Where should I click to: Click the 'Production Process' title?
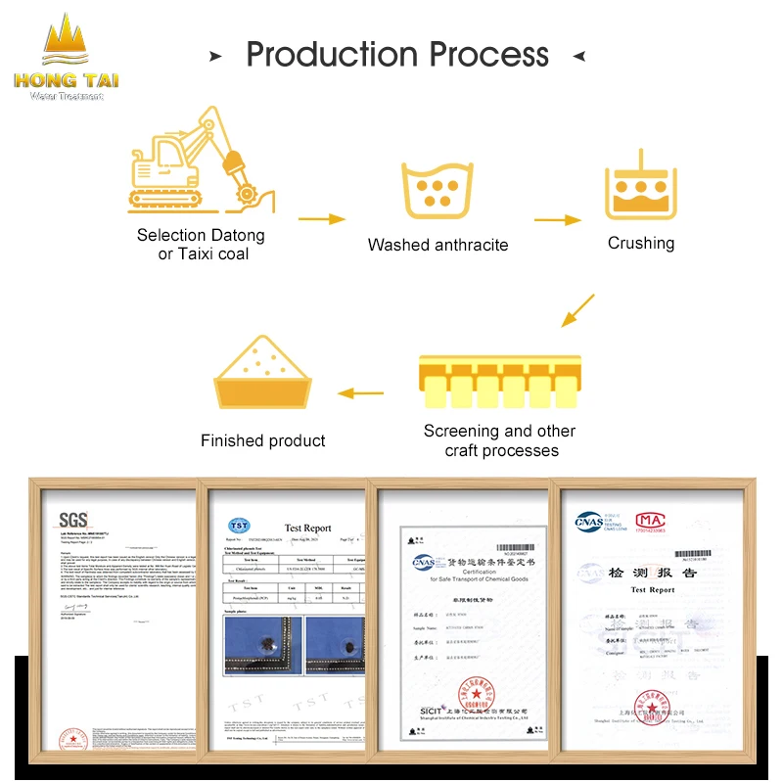tap(396, 54)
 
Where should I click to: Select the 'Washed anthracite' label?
tap(438, 245)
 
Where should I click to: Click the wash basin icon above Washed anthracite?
tap(438, 190)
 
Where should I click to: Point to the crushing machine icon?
tap(641, 186)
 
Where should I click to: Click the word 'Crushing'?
tap(641, 243)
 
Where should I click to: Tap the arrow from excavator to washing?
tap(321, 220)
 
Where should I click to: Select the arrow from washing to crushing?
tap(558, 220)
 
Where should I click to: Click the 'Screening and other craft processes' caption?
tap(499, 440)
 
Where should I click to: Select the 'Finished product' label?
tap(262, 440)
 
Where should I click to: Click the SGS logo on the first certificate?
tap(73, 518)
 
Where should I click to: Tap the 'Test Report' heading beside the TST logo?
tap(307, 528)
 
